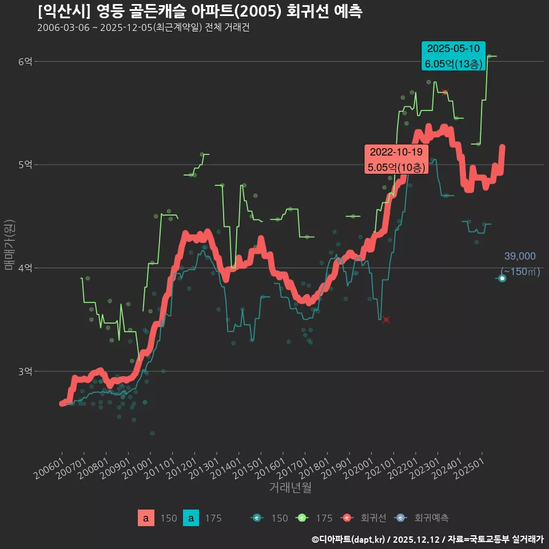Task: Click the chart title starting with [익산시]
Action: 200,11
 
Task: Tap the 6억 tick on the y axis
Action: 25,61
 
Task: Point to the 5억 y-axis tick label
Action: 25,165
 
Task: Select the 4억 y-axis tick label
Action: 25,268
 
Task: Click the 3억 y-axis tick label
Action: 25,372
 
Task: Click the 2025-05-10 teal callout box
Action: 453,56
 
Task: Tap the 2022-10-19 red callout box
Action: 396,160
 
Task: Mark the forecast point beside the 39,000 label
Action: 502,279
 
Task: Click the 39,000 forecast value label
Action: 519,256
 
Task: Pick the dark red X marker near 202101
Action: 386,320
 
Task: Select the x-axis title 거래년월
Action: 290,488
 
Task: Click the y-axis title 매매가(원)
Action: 9,245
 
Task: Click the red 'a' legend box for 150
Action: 146,518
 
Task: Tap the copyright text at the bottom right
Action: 427,539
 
